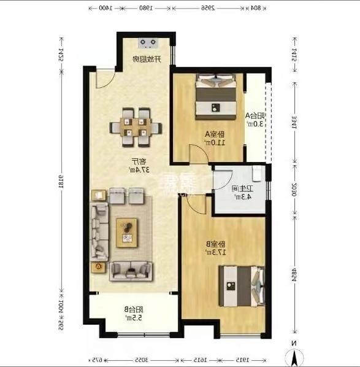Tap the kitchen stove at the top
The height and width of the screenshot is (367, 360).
149,43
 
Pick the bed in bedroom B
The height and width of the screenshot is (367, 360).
240,285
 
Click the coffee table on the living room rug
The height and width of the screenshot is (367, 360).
128,233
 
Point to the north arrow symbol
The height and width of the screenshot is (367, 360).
294,356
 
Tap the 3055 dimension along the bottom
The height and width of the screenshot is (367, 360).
142,360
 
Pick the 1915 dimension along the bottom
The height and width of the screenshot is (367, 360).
243,360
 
